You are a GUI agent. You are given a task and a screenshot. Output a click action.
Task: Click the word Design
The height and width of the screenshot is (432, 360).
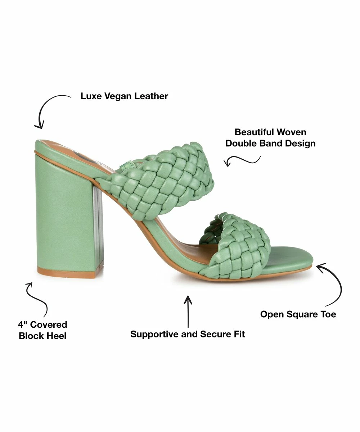pyautogui.click(x=300, y=143)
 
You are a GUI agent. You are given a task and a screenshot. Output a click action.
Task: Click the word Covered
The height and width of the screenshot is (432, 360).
pyautogui.click(x=49, y=325)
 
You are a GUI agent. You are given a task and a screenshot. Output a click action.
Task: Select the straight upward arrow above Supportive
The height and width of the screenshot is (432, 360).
pyautogui.click(x=188, y=311)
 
